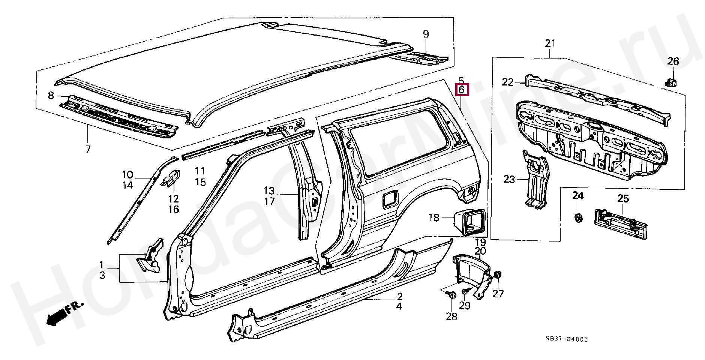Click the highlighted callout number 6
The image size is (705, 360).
tap(461, 90)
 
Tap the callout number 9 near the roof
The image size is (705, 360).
tap(426, 34)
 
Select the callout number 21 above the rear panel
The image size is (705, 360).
tap(550, 43)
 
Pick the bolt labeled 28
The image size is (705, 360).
tap(451, 296)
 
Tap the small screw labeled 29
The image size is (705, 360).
tap(465, 291)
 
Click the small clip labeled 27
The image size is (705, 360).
tap(498, 276)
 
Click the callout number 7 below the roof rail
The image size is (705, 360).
tap(88, 149)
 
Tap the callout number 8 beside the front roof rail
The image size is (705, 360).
tap(51, 96)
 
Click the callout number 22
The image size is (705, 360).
tap(507, 82)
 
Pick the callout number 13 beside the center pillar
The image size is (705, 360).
tap(269, 190)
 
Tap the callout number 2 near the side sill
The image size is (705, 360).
tap(399, 296)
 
